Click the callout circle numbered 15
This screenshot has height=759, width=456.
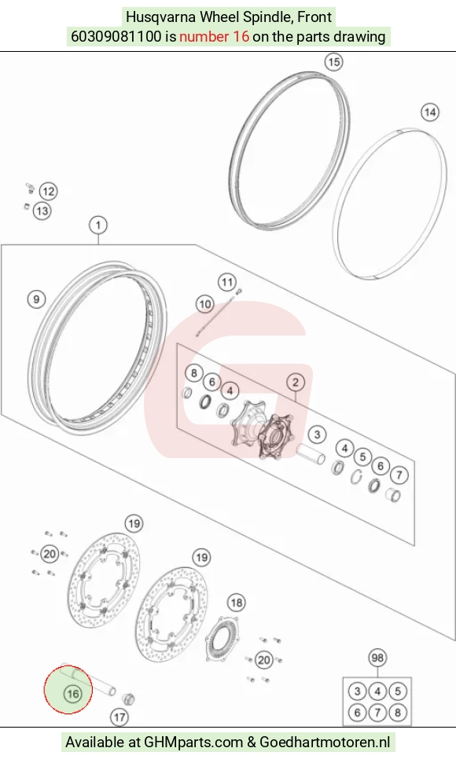pyautogui.click(x=333, y=62)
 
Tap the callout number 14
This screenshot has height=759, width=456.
pyautogui.click(x=430, y=112)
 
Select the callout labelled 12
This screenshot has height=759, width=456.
pyautogui.click(x=48, y=191)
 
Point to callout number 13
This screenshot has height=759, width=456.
pyautogui.click(x=42, y=211)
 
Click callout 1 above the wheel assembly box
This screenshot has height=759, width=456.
pyautogui.click(x=98, y=225)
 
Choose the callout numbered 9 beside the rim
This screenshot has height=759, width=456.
pyautogui.click(x=36, y=299)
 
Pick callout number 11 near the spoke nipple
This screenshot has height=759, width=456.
pyautogui.click(x=226, y=282)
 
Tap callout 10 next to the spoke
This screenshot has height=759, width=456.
pyautogui.click(x=205, y=304)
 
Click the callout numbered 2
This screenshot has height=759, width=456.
pyautogui.click(x=296, y=383)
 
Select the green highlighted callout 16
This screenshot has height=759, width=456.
pyautogui.click(x=72, y=694)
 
